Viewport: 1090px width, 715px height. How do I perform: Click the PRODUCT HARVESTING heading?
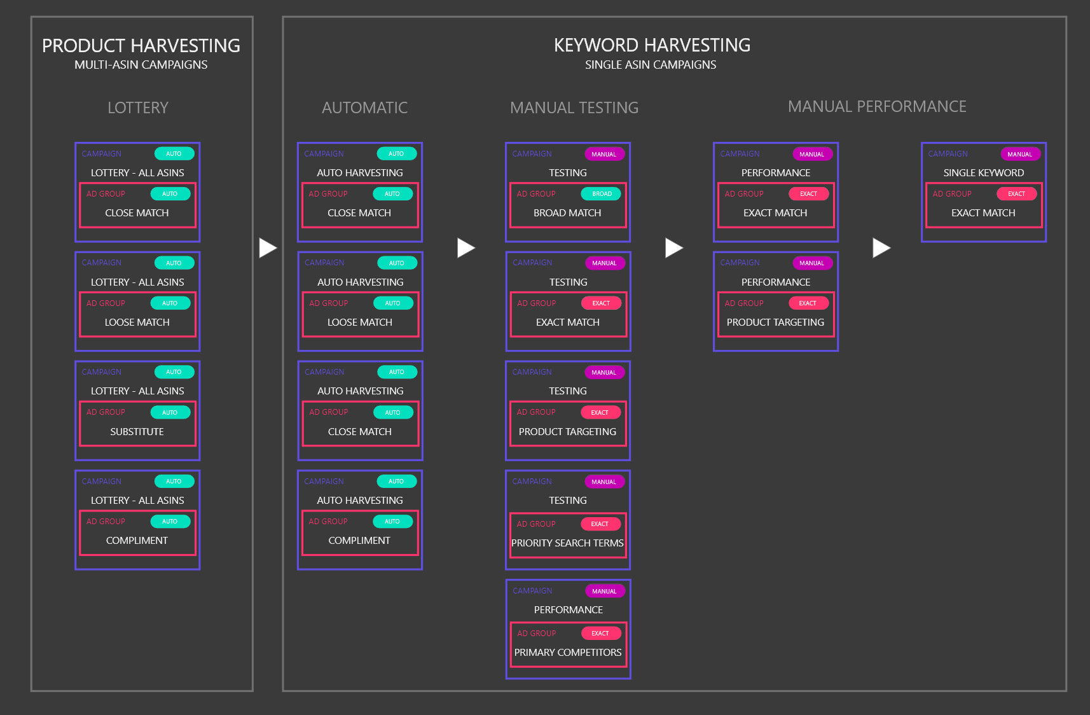coord(141,46)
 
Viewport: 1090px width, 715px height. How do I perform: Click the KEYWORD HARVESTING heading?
coord(652,45)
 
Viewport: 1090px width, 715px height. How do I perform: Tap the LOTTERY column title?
coord(138,108)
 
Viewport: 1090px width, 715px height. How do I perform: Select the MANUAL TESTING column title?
coord(574,108)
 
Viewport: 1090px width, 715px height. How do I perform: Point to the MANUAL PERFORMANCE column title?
coord(877,107)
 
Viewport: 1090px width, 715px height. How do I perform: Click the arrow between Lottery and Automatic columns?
coord(268,247)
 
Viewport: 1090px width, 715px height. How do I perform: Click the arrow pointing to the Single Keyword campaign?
coord(881,247)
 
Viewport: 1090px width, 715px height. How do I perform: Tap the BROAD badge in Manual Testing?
coord(602,194)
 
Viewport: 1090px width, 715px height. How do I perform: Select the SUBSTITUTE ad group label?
coord(137,432)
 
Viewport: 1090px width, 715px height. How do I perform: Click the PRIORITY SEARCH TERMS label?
coord(567,543)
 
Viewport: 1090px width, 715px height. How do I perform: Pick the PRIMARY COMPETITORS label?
coord(568,652)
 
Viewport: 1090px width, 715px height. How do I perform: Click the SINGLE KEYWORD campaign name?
coord(983,173)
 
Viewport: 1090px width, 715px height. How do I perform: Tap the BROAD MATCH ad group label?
coord(567,212)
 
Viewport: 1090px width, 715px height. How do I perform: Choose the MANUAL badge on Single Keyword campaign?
coord(1020,154)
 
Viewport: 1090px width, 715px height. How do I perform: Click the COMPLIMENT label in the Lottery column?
coord(137,540)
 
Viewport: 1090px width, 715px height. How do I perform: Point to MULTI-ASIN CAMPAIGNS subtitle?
coord(141,65)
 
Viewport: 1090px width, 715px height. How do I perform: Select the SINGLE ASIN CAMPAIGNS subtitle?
coord(651,65)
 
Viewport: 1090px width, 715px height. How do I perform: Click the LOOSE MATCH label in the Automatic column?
coord(359,323)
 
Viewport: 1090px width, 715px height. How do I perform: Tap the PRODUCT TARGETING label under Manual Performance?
coord(775,323)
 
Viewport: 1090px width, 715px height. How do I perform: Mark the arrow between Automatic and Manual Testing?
coord(466,247)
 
